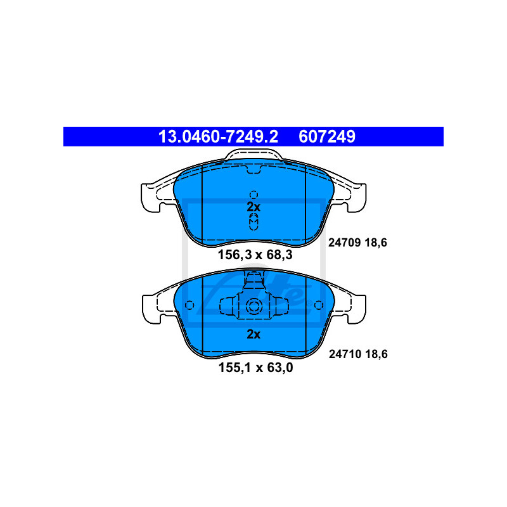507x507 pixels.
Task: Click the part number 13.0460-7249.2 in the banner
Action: tap(218, 136)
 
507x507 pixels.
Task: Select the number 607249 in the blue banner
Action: tap(327, 136)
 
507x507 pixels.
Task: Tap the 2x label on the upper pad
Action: tap(253, 207)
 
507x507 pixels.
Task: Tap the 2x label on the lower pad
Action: tap(253, 334)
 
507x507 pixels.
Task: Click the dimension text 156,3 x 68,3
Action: tap(255, 255)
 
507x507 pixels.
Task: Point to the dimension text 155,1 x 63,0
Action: tap(256, 368)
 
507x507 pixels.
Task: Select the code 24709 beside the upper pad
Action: tap(344, 243)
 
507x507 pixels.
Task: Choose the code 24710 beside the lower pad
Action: tap(345, 354)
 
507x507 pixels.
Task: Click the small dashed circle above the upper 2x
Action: tap(254, 195)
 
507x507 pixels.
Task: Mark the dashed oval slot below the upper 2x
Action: tap(254, 222)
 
